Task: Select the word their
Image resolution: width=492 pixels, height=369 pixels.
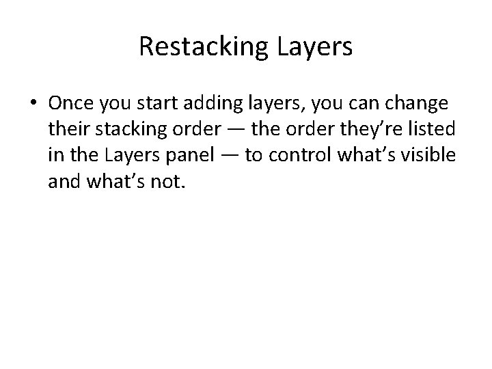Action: click(x=68, y=130)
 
